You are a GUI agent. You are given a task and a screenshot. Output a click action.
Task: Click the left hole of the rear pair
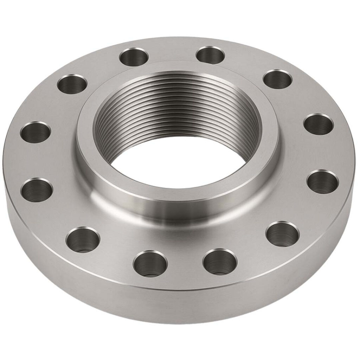(134, 57)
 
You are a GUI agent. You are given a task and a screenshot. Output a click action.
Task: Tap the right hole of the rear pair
(211, 55)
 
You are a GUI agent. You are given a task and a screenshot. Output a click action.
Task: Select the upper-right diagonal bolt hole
(277, 79)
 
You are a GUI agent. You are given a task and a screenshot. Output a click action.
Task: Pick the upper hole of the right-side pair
(318, 124)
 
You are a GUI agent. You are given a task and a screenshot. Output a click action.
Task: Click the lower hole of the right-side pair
(322, 181)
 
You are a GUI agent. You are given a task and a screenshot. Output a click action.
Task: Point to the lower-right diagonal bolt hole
(282, 234)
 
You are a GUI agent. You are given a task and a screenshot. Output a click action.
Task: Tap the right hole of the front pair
(220, 262)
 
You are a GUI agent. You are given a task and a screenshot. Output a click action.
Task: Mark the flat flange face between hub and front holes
(183, 239)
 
